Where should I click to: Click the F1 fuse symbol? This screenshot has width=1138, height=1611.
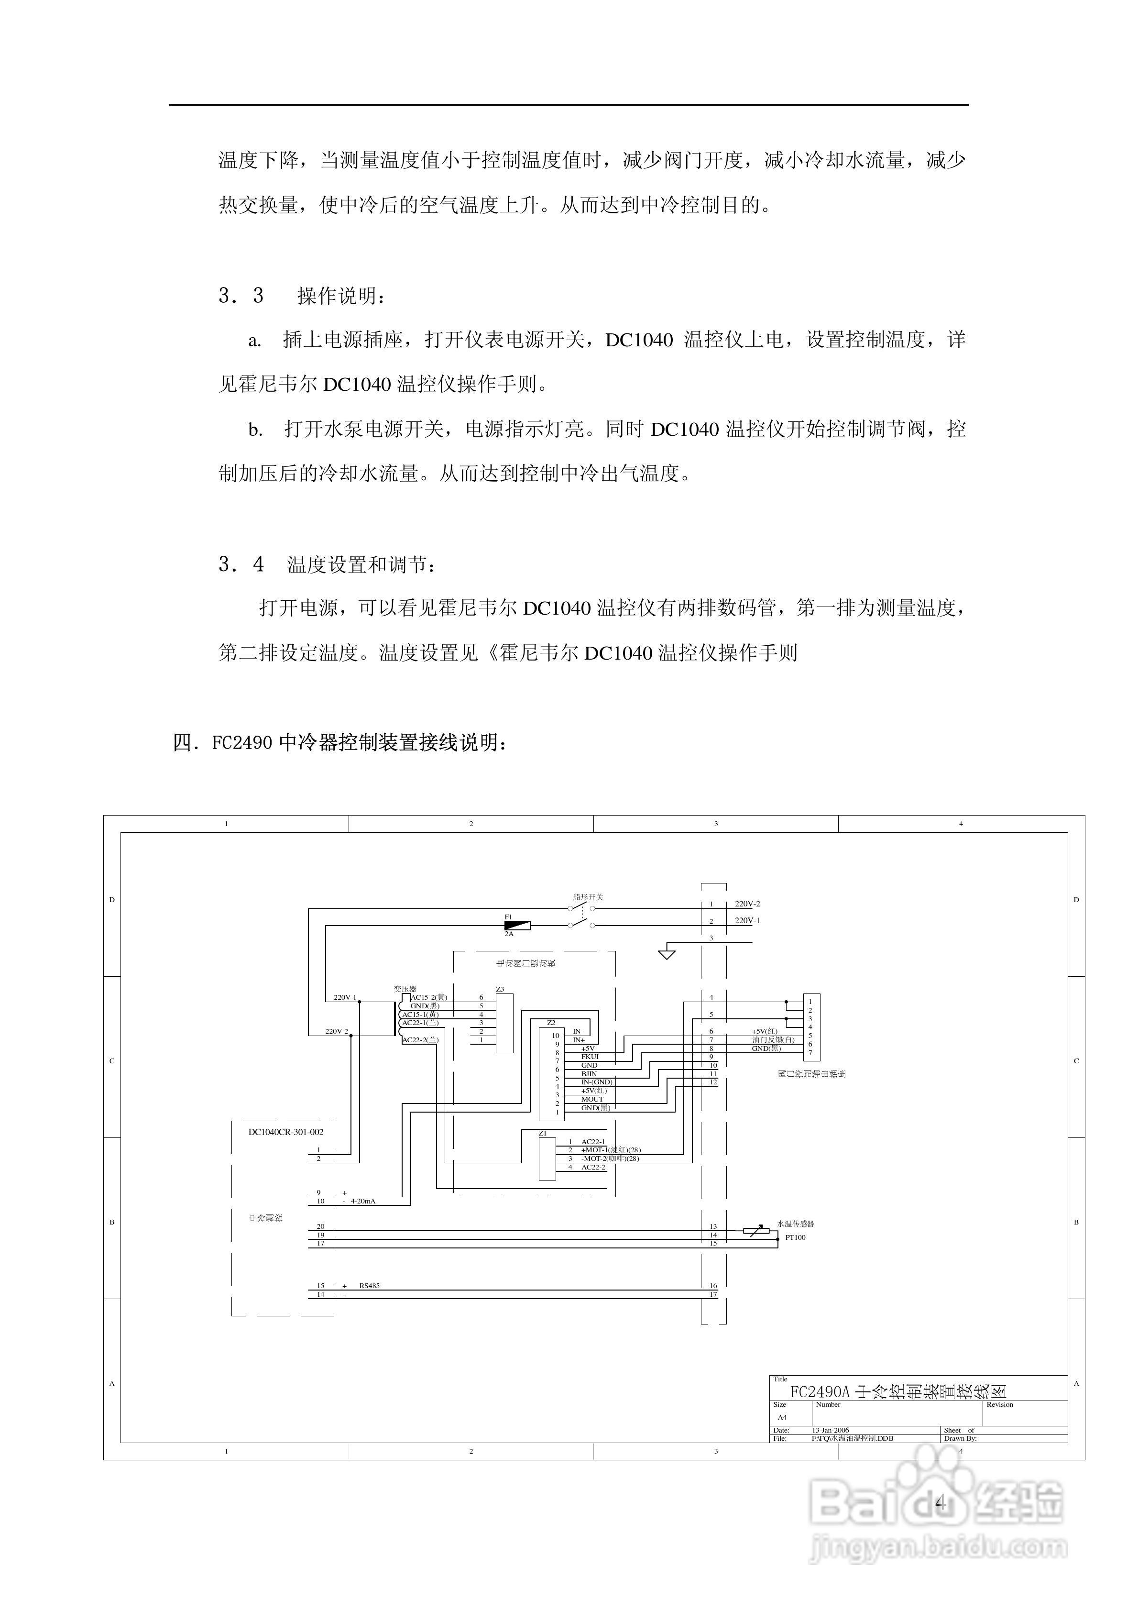tap(517, 926)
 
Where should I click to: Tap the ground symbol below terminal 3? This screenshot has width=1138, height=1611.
tap(667, 954)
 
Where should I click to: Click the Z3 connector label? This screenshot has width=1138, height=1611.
tap(500, 989)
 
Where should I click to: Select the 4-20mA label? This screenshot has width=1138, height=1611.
tap(363, 1201)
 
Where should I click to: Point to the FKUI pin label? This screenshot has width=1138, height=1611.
tap(590, 1057)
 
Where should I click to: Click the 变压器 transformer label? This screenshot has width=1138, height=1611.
tap(405, 989)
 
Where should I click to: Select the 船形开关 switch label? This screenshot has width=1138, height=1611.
tap(588, 897)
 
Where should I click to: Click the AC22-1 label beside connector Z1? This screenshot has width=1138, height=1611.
tap(593, 1142)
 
